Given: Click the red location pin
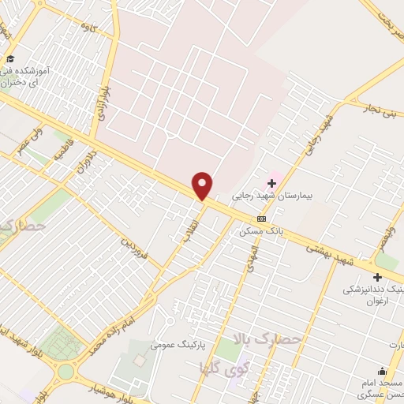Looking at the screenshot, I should tap(203, 185).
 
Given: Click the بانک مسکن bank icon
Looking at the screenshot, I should tap(262, 219).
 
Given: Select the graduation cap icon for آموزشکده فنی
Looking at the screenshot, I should tap(10, 59).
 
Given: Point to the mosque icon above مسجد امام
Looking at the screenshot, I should tap(383, 372).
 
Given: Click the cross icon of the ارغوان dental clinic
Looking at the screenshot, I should tap(377, 277).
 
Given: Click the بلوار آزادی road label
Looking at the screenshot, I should tap(100, 101).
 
